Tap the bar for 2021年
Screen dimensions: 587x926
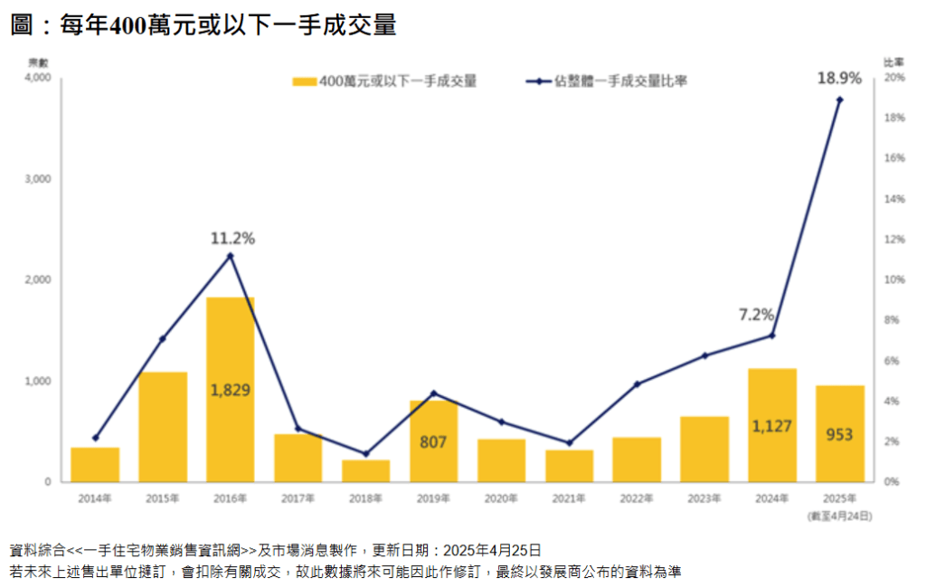569,466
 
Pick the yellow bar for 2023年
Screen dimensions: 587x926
704,449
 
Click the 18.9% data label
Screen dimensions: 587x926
836,79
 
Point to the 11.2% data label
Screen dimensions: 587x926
232,239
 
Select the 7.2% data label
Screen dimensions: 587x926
756,315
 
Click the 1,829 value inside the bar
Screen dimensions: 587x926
230,391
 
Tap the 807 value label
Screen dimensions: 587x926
433,443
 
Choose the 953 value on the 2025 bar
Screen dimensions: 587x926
839,435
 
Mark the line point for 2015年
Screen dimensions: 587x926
163,339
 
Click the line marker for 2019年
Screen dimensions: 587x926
433,393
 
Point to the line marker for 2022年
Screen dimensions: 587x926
637,384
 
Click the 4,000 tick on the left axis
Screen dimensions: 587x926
39,79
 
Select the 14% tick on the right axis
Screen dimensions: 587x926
894,199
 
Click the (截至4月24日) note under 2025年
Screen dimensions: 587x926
839,516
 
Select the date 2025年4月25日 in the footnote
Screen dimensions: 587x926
493,550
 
